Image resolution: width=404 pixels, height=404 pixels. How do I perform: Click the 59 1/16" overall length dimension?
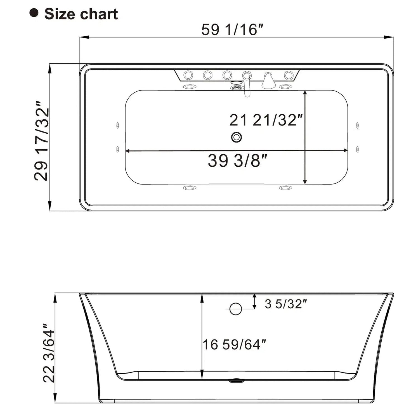click(x=232, y=29)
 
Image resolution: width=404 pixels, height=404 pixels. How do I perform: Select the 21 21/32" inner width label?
click(x=266, y=120)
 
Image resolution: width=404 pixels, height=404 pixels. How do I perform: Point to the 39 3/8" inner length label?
click(x=237, y=161)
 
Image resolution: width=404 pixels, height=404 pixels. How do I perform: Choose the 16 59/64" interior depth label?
click(x=234, y=344)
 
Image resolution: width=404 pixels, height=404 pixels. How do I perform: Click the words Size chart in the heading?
click(x=81, y=14)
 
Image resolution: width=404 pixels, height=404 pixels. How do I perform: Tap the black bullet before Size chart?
click(x=34, y=13)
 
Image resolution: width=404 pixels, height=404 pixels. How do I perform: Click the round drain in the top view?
click(x=236, y=137)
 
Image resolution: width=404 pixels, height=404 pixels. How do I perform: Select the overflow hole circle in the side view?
click(x=235, y=309)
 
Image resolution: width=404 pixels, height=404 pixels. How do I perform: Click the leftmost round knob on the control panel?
click(x=188, y=75)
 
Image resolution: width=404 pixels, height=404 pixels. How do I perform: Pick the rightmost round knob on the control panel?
click(x=289, y=75)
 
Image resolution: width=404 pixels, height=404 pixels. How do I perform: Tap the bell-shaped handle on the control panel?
click(x=268, y=81)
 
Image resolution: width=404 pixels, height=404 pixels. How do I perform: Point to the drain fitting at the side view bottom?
click(x=237, y=380)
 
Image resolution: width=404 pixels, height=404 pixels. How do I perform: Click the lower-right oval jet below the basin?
click(x=285, y=188)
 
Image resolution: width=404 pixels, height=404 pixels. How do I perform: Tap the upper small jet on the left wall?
click(x=118, y=125)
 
